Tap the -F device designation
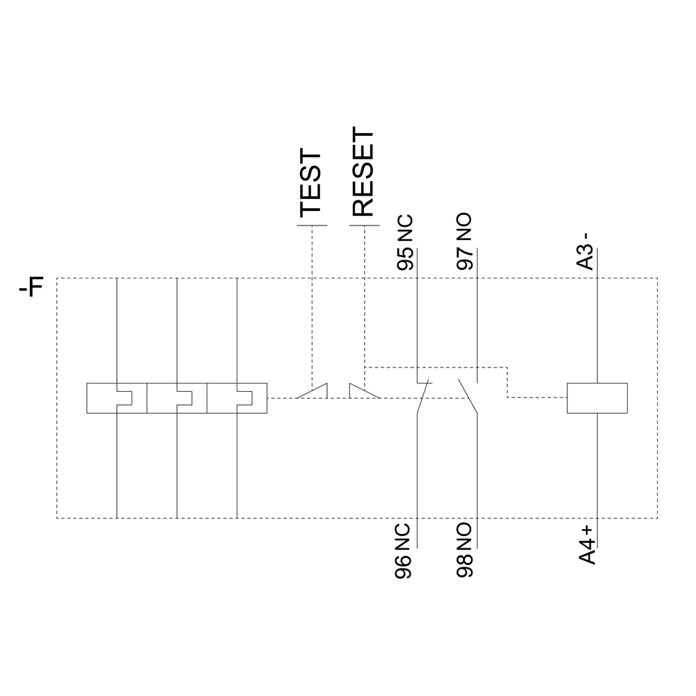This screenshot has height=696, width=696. [x=31, y=287]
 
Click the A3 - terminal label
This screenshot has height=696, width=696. [x=586, y=250]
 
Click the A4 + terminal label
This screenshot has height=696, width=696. [x=587, y=546]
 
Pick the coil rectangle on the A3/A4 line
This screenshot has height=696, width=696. [x=598, y=398]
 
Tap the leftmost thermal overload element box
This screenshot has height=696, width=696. [x=116, y=398]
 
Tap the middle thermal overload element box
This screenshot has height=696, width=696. [x=177, y=398]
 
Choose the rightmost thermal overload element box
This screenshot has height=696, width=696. [x=237, y=398]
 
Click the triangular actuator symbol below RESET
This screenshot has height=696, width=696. [x=362, y=392]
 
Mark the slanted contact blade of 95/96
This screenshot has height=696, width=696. [x=423, y=397]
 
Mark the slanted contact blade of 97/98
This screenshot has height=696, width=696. [x=467, y=397]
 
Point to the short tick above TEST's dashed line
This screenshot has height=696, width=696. [x=312, y=226]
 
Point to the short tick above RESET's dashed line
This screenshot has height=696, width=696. [x=364, y=226]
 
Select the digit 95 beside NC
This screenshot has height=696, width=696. [x=405, y=258]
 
